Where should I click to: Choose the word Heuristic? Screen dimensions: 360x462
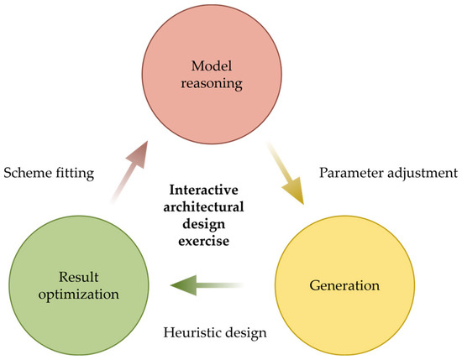click(191, 332)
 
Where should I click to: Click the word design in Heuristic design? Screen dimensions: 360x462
click(246, 332)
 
